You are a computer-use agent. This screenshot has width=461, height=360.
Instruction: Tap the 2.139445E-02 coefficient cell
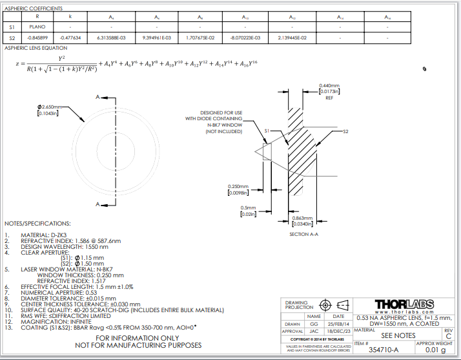click(292, 38)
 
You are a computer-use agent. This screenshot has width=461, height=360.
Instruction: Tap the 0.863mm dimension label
click(303, 222)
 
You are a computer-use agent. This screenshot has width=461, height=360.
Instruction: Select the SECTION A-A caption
click(303, 234)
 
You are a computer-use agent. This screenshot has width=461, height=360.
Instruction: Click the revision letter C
click(448, 336)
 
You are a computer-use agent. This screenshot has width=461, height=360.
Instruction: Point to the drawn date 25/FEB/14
click(338, 323)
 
